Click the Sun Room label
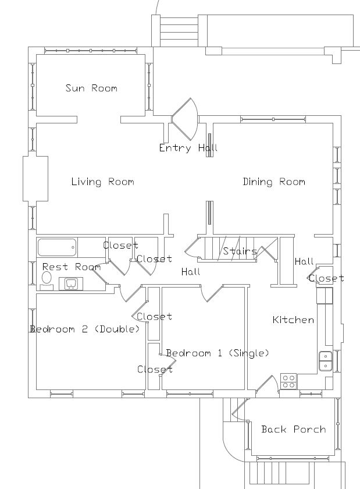[x=91, y=88]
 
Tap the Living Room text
[x=102, y=182]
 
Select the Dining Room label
[x=273, y=182]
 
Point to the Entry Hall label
[x=188, y=148]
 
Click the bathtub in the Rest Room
[x=56, y=249]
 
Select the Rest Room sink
[x=72, y=284]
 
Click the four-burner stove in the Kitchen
[x=288, y=381]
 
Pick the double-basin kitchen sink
[x=325, y=361]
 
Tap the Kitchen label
[x=293, y=320]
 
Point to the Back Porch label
[x=293, y=430]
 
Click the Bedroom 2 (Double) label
[x=85, y=329]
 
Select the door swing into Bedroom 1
[x=211, y=293]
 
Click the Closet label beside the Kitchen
[x=326, y=279]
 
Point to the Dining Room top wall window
[x=273, y=119]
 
